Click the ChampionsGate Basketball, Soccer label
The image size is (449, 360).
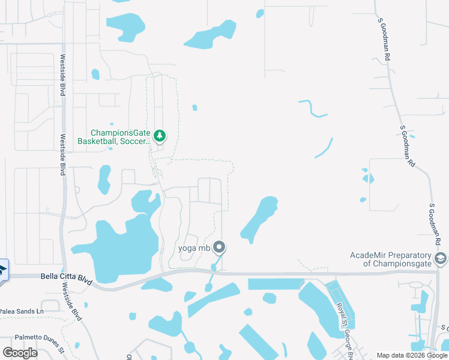[115, 137]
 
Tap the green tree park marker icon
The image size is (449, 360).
[159, 136]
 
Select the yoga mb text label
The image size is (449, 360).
[194, 248]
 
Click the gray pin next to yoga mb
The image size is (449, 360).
[219, 247]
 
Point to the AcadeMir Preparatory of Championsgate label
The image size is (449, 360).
[390, 259]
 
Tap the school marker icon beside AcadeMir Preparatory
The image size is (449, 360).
[441, 259]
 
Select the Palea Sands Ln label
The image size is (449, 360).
[22, 311]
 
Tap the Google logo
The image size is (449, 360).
[20, 352]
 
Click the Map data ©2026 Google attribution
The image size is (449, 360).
[412, 355]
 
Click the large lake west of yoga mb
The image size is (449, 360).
[120, 246]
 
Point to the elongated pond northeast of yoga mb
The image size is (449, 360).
[259, 217]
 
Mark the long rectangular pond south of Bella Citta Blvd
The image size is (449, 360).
[276, 284]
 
